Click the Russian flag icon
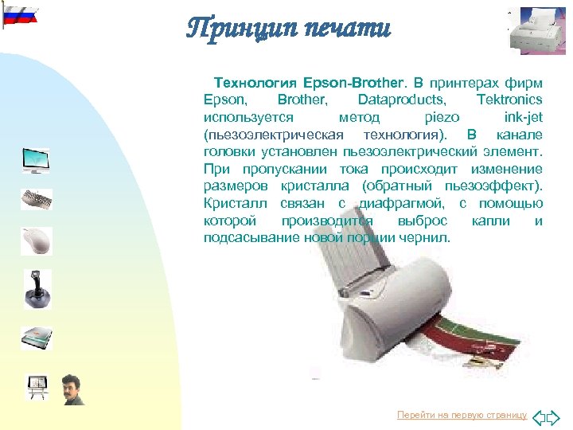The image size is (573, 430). [x=19, y=15]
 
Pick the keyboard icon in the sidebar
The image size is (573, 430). [x=37, y=199]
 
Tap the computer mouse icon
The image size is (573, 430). [x=37, y=240]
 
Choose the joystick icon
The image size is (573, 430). [x=37, y=289]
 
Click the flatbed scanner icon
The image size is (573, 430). [x=37, y=338]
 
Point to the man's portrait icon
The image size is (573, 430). [x=72, y=389]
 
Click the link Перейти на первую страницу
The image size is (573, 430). [x=462, y=416]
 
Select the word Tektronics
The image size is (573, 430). [x=509, y=100]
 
